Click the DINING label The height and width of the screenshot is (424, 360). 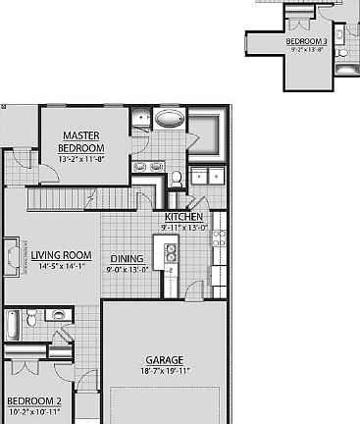[128, 259]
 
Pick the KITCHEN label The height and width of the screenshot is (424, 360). [183, 217]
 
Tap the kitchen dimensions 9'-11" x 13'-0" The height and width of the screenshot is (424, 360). [183, 228]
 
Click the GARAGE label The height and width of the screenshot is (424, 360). [165, 360]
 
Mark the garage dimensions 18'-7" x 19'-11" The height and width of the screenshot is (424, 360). [165, 371]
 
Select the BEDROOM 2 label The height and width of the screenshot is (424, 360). [34, 401]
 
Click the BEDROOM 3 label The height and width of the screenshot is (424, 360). [306, 42]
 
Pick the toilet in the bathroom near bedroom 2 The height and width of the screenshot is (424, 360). [32, 318]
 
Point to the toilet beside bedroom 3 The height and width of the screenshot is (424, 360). [340, 38]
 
